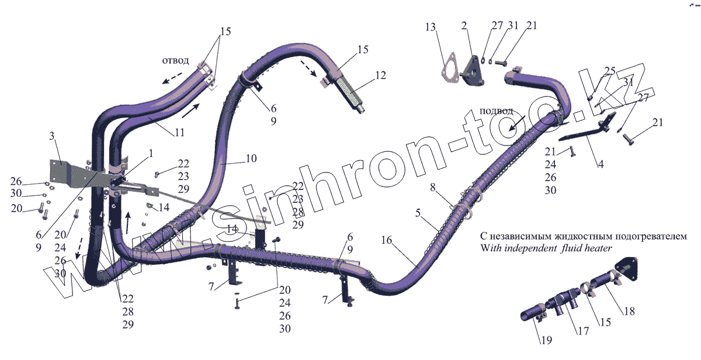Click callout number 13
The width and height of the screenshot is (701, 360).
pyautogui.click(x=431, y=27)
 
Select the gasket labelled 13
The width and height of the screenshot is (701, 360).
pyautogui.click(x=448, y=65)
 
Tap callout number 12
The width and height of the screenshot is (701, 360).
pyautogui.click(x=380, y=75)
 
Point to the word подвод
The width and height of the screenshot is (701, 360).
pyautogui.click(x=496, y=111)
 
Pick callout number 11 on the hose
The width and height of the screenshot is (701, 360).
pyautogui.click(x=179, y=133)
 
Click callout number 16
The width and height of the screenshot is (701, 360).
pyautogui.click(x=386, y=240)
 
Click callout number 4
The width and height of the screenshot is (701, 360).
pyautogui.click(x=600, y=165)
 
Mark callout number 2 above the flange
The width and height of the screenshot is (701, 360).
pyautogui.click(x=464, y=26)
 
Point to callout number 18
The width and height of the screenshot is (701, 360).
pyautogui.click(x=629, y=311)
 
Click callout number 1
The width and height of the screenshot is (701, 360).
pyautogui.click(x=151, y=153)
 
